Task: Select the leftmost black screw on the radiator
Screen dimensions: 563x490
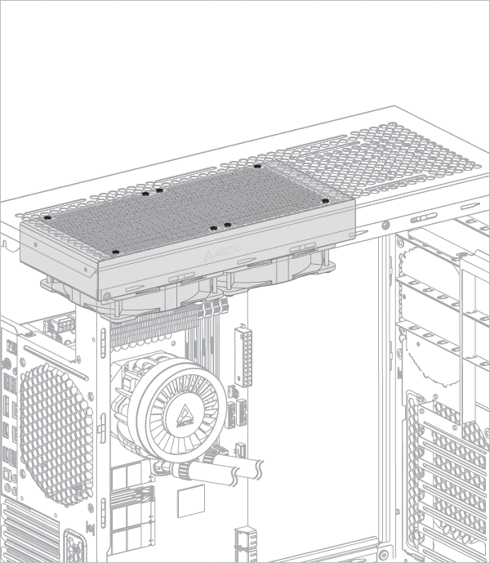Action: coord(47,217)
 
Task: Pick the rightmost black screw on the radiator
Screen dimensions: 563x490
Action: coord(324,200)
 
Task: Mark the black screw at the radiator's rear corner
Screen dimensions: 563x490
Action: coord(257,167)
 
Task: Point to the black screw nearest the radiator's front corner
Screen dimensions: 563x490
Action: coord(116,252)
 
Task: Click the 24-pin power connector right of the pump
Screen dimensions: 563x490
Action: coord(242,356)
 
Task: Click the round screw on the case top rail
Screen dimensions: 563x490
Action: coord(387,223)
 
